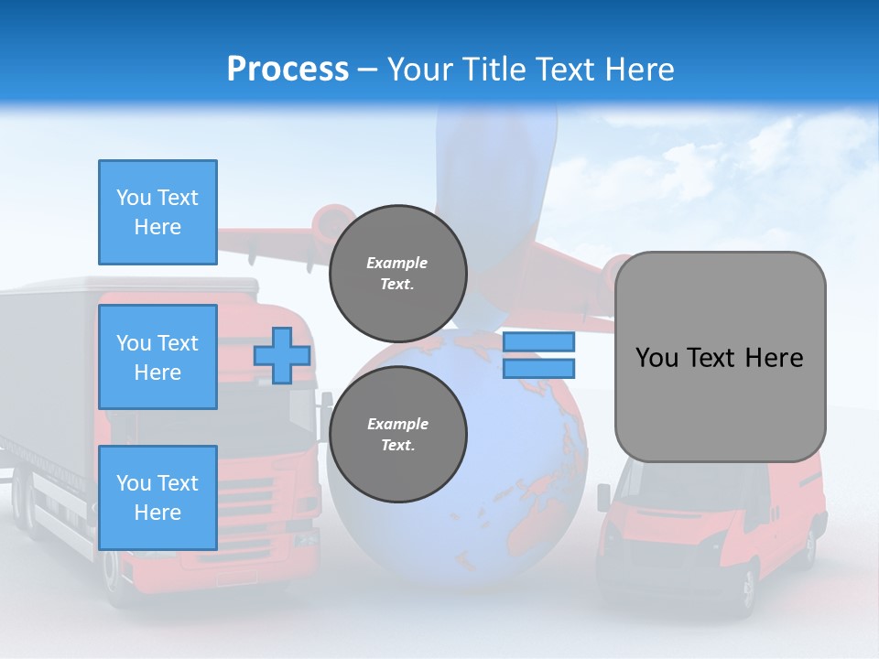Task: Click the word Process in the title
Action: pyautogui.click(x=288, y=70)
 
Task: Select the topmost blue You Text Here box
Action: pyautogui.click(x=157, y=212)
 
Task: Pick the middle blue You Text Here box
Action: pyautogui.click(x=157, y=357)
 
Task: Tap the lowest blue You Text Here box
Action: pyautogui.click(x=157, y=497)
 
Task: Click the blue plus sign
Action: pyautogui.click(x=282, y=355)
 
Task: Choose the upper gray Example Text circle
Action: pyautogui.click(x=397, y=274)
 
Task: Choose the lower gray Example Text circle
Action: pyautogui.click(x=397, y=435)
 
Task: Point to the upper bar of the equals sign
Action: pyautogui.click(x=538, y=342)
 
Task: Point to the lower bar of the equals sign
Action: pyautogui.click(x=538, y=369)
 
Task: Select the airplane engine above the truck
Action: pyautogui.click(x=331, y=222)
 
